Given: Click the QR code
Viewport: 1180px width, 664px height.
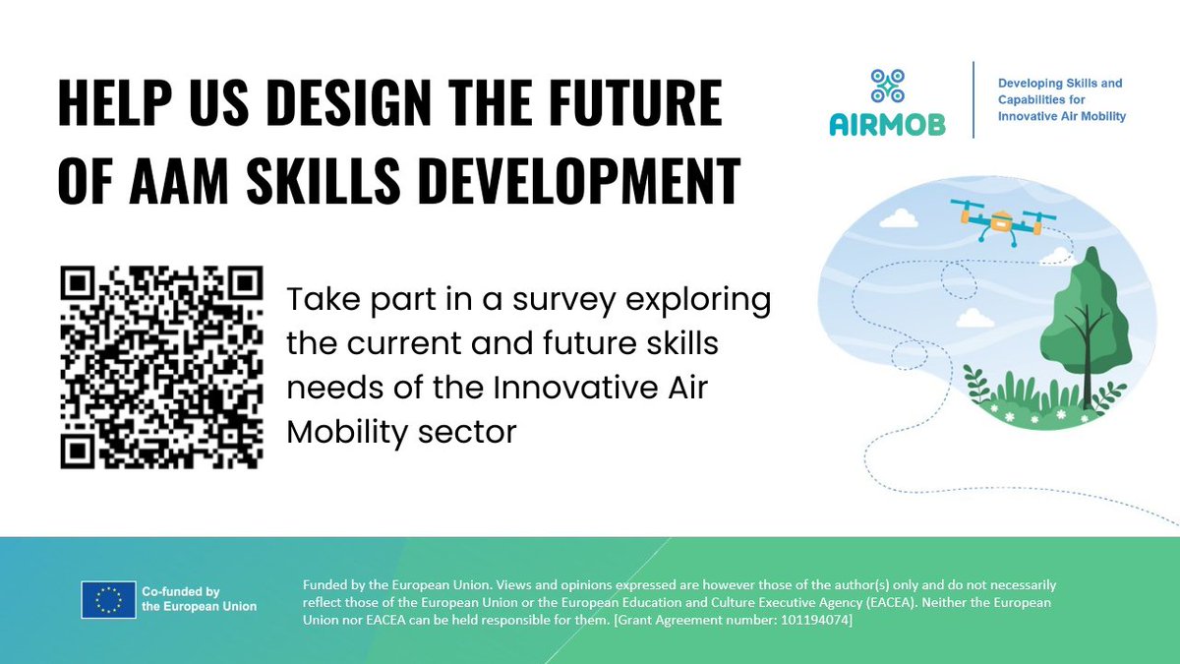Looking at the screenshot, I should coord(161,367).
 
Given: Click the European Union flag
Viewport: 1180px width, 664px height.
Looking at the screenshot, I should coord(108,599).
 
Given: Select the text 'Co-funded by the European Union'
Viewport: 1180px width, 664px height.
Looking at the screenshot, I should coord(199,599).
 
